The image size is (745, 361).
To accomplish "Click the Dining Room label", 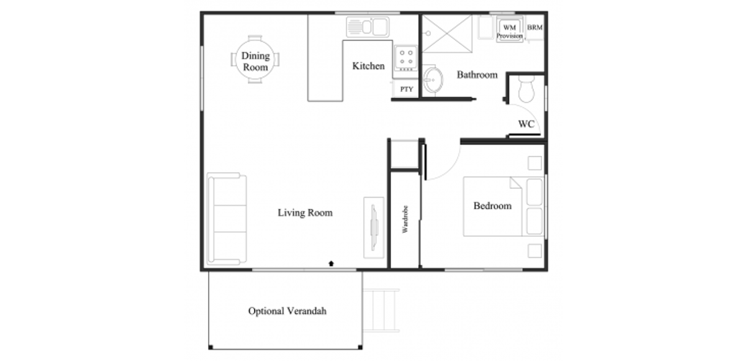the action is pyautogui.click(x=255, y=62).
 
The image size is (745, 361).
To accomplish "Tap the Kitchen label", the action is pyautogui.click(x=369, y=66).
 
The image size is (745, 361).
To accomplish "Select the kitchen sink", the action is pyautogui.click(x=368, y=27).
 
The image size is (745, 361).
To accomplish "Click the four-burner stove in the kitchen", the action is pyautogui.click(x=406, y=58).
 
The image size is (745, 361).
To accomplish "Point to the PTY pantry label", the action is pyautogui.click(x=407, y=89).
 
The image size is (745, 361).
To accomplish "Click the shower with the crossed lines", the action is pyautogui.click(x=447, y=34).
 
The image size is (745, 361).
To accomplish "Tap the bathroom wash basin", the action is pyautogui.click(x=433, y=80).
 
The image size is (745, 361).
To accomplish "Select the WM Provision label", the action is pyautogui.click(x=510, y=31).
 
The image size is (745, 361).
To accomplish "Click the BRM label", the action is pyautogui.click(x=535, y=27).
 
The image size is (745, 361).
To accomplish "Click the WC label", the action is pyautogui.click(x=526, y=124).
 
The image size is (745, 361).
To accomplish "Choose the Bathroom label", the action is pyautogui.click(x=477, y=75).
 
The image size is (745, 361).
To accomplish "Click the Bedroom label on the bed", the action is pyautogui.click(x=492, y=206).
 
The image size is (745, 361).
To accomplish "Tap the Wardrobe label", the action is pyautogui.click(x=405, y=219).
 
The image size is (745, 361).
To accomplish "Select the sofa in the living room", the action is pyautogui.click(x=227, y=219).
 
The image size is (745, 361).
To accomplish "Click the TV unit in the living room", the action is pyautogui.click(x=374, y=227).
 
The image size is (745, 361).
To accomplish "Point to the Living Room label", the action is pyautogui.click(x=305, y=212).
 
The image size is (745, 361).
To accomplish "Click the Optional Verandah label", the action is pyautogui.click(x=287, y=311).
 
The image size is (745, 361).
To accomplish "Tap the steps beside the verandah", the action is pyautogui.click(x=381, y=311).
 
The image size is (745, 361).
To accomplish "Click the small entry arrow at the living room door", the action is pyautogui.click(x=331, y=263).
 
